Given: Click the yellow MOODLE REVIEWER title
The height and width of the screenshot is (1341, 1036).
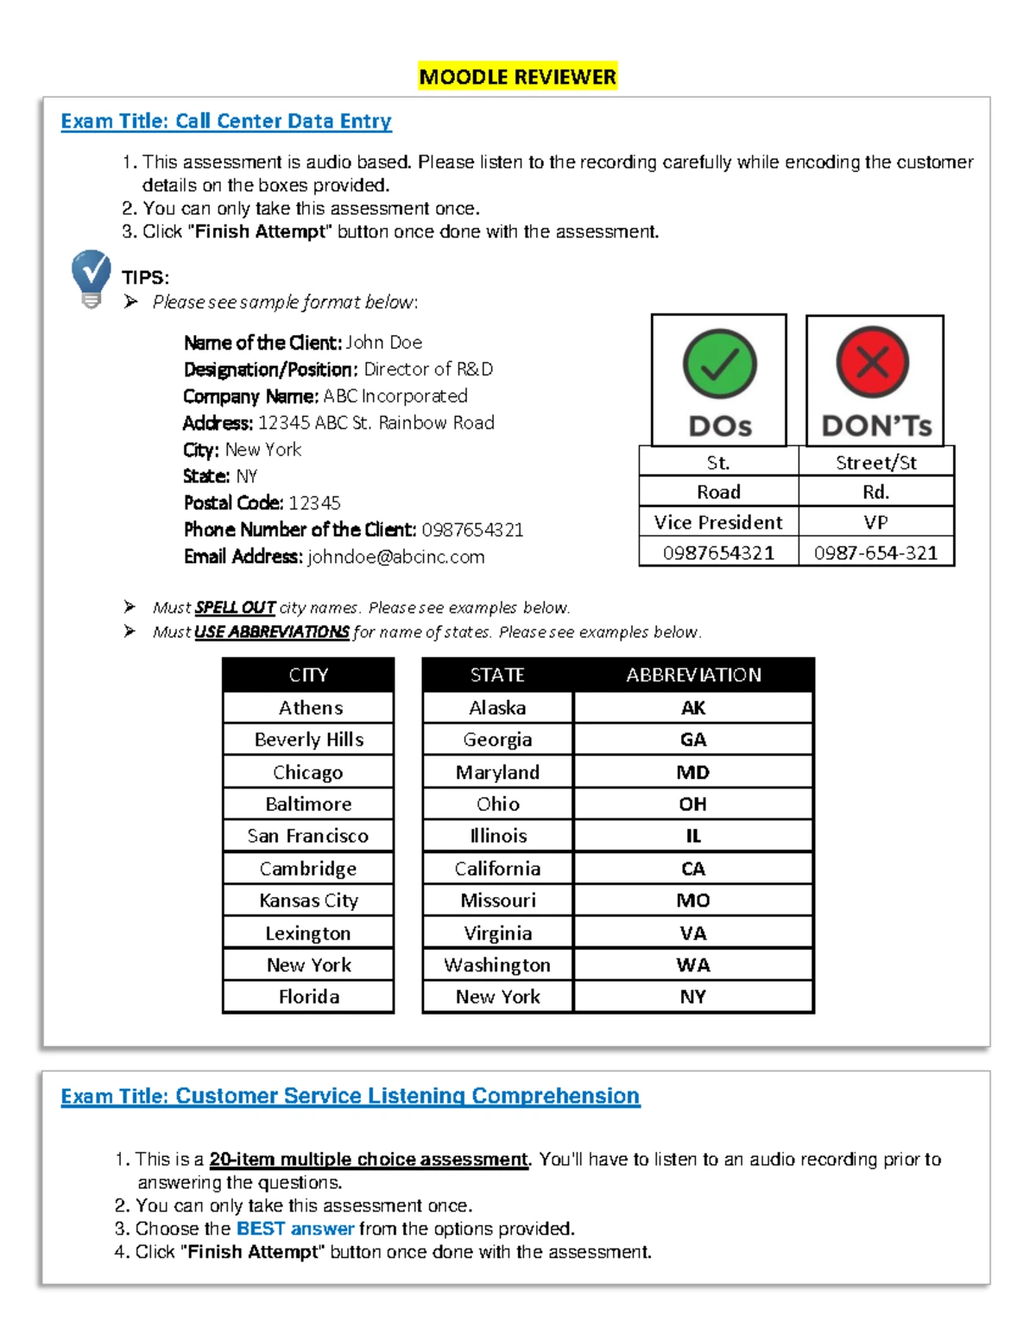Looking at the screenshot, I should coord(518,77).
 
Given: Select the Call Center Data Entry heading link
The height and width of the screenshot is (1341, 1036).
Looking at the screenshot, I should coord(226,121).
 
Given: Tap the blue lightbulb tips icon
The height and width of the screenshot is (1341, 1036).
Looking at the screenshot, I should coord(91,277).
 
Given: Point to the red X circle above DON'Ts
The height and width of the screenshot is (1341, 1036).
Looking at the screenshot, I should coord(873,363).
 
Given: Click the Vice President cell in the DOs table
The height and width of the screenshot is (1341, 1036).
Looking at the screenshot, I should coord(718,522).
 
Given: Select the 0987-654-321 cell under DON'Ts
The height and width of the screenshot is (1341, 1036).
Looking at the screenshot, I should coord(875,553).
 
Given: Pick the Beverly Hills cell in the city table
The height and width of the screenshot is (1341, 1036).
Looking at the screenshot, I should coord(309,740).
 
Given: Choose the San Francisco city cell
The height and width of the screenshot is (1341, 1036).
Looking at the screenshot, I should coord(308,836).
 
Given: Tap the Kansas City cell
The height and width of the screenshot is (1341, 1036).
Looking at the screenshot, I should coord(308,901).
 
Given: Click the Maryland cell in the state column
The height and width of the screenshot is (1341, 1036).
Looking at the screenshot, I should coord(497,772).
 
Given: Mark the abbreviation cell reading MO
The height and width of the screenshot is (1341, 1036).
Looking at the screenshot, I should coord(693,901).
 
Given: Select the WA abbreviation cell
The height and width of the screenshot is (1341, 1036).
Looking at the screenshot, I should coord(693,965).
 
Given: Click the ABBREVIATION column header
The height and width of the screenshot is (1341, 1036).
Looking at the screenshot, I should coord(693,675).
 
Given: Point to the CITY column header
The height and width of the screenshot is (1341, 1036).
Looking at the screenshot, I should coord(308,675).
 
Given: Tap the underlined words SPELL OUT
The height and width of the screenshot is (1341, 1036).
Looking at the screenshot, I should coord(235,608).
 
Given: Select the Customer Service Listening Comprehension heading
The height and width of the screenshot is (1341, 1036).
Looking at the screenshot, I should coord(350,1096).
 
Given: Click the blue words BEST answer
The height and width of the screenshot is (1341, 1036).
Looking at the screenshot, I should coord(295,1229).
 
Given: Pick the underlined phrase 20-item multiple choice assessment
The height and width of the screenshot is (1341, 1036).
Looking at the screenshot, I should coord(369,1160).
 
